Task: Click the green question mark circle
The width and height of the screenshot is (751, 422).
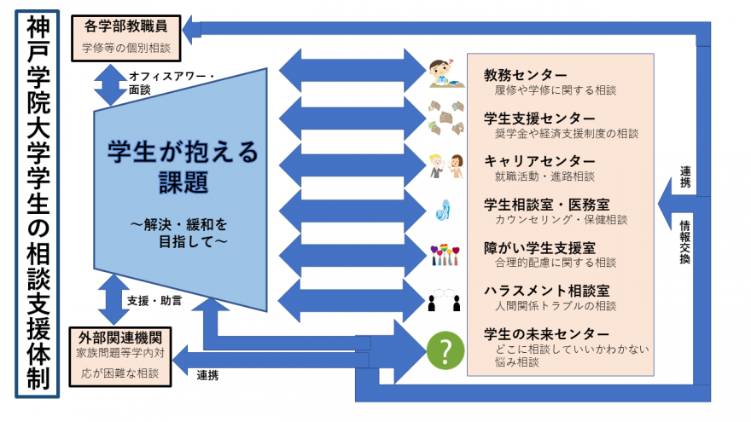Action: coord(445,350)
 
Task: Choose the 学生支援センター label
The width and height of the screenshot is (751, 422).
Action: coord(539,118)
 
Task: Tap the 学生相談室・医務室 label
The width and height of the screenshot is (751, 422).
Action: coord(545,205)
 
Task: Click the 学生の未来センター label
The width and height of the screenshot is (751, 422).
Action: coord(547,333)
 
